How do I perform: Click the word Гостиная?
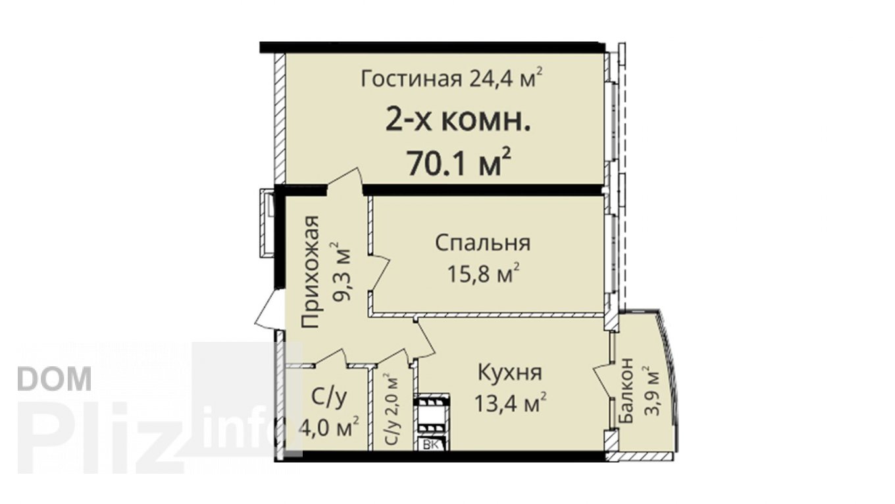click(x=411, y=79)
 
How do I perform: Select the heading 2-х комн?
click(x=458, y=120)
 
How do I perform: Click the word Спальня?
click(x=482, y=243)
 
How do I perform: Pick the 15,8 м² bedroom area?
click(x=483, y=273)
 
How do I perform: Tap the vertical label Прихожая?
click(x=310, y=271)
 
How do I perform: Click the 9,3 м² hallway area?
click(x=340, y=271)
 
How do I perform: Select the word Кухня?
click(x=510, y=373)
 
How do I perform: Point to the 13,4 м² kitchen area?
click(x=510, y=402)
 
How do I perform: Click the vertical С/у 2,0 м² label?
click(x=392, y=415)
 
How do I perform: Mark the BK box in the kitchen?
click(x=430, y=445)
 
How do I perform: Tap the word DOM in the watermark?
click(x=55, y=379)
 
